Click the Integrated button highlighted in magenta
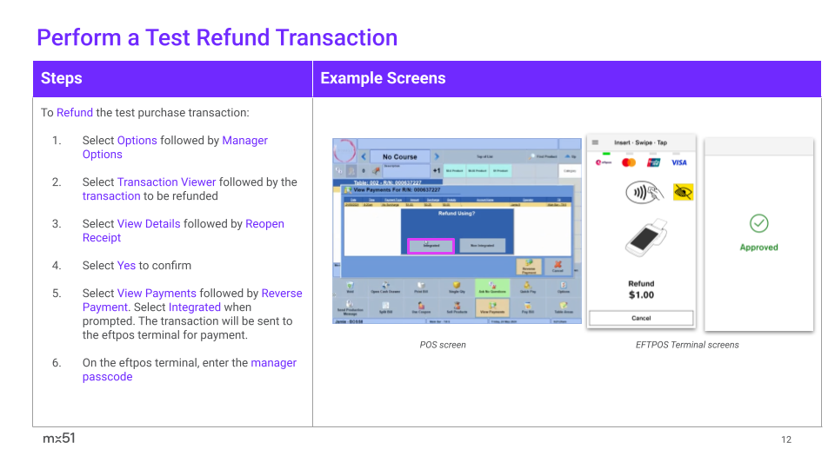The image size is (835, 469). pos(431,246)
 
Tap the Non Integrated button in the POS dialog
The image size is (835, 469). pos(482,246)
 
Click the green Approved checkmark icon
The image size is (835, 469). pos(758,224)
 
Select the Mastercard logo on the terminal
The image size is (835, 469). pos(629,162)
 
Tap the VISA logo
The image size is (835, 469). pos(679,162)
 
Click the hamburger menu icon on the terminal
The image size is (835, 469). pos(596,142)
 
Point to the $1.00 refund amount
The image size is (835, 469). pos(641,295)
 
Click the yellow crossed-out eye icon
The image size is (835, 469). pos(684,193)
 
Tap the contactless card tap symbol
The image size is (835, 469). pos(641,193)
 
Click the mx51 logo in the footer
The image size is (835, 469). pos(59,439)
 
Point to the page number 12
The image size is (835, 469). pos(786,439)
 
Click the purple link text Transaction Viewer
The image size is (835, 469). pos(166,182)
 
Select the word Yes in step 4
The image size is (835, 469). pos(126,266)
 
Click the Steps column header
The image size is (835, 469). pos(62,78)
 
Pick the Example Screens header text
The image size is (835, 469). pos(383,78)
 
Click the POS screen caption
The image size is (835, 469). pos(443,345)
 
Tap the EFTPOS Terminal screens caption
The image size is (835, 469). pos(687,345)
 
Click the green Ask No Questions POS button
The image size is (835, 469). pos(492,287)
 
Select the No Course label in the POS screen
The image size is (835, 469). pos(399,157)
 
